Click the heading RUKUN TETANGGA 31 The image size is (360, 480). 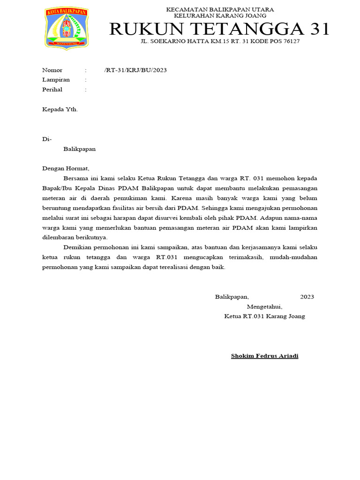coord(219,29)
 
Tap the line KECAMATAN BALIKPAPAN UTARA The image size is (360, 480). coord(220,9)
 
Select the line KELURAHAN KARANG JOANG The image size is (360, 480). coord(220,15)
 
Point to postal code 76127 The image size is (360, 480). coord(291,41)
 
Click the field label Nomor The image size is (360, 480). coord(52,70)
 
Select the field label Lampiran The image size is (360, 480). coord(56,80)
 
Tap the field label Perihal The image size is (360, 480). coord(52,90)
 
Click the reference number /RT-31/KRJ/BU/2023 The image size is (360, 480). coord(135,70)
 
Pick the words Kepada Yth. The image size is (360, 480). coord(60,109)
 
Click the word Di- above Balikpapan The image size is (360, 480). coord(47,139)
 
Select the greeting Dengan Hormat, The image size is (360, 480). coord(65,169)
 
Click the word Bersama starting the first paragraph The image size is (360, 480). coord(75,179)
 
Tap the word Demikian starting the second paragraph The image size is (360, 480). coord(77,247)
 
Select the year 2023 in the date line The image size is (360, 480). coord(307,297)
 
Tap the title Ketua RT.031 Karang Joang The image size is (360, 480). coord(264,316)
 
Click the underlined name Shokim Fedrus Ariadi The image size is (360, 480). coord(264,356)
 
